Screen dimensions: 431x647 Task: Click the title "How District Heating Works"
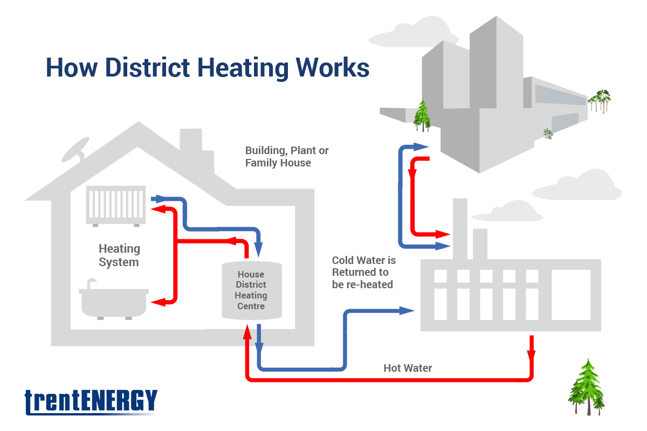click(208, 68)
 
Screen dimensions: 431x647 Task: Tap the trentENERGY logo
click(91, 402)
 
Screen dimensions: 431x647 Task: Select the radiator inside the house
click(116, 205)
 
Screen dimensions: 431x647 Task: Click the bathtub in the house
click(113, 302)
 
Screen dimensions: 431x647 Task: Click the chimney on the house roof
click(191, 145)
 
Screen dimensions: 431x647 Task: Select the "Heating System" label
click(119, 255)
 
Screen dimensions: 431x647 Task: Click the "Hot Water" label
click(408, 369)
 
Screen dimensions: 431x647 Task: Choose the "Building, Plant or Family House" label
click(287, 156)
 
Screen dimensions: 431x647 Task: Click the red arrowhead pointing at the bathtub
click(157, 302)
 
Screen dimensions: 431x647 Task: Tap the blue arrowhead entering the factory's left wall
click(407, 310)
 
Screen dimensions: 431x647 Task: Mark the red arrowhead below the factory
click(531, 356)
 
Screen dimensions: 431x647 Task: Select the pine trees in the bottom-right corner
click(586, 388)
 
